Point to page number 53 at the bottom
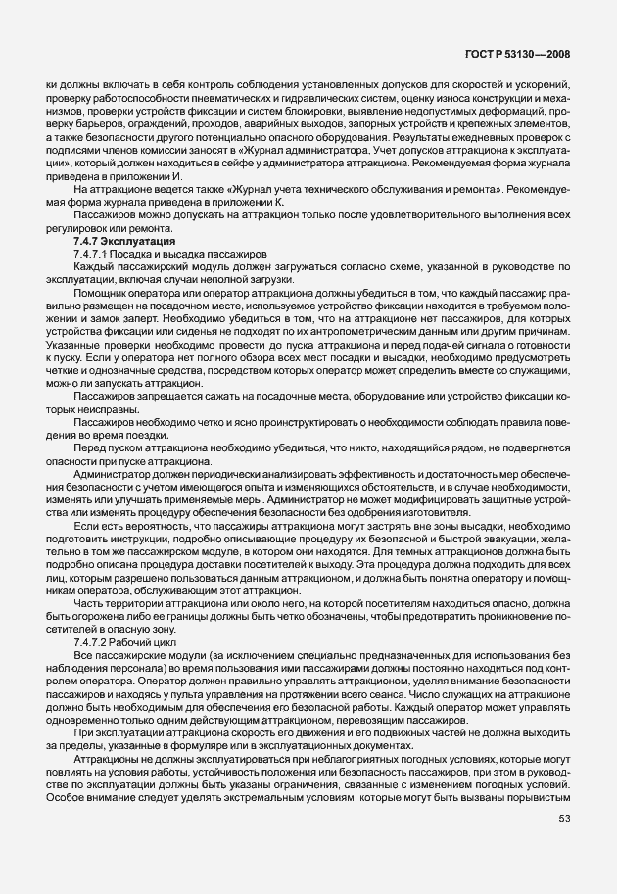pyautogui.click(x=564, y=846)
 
